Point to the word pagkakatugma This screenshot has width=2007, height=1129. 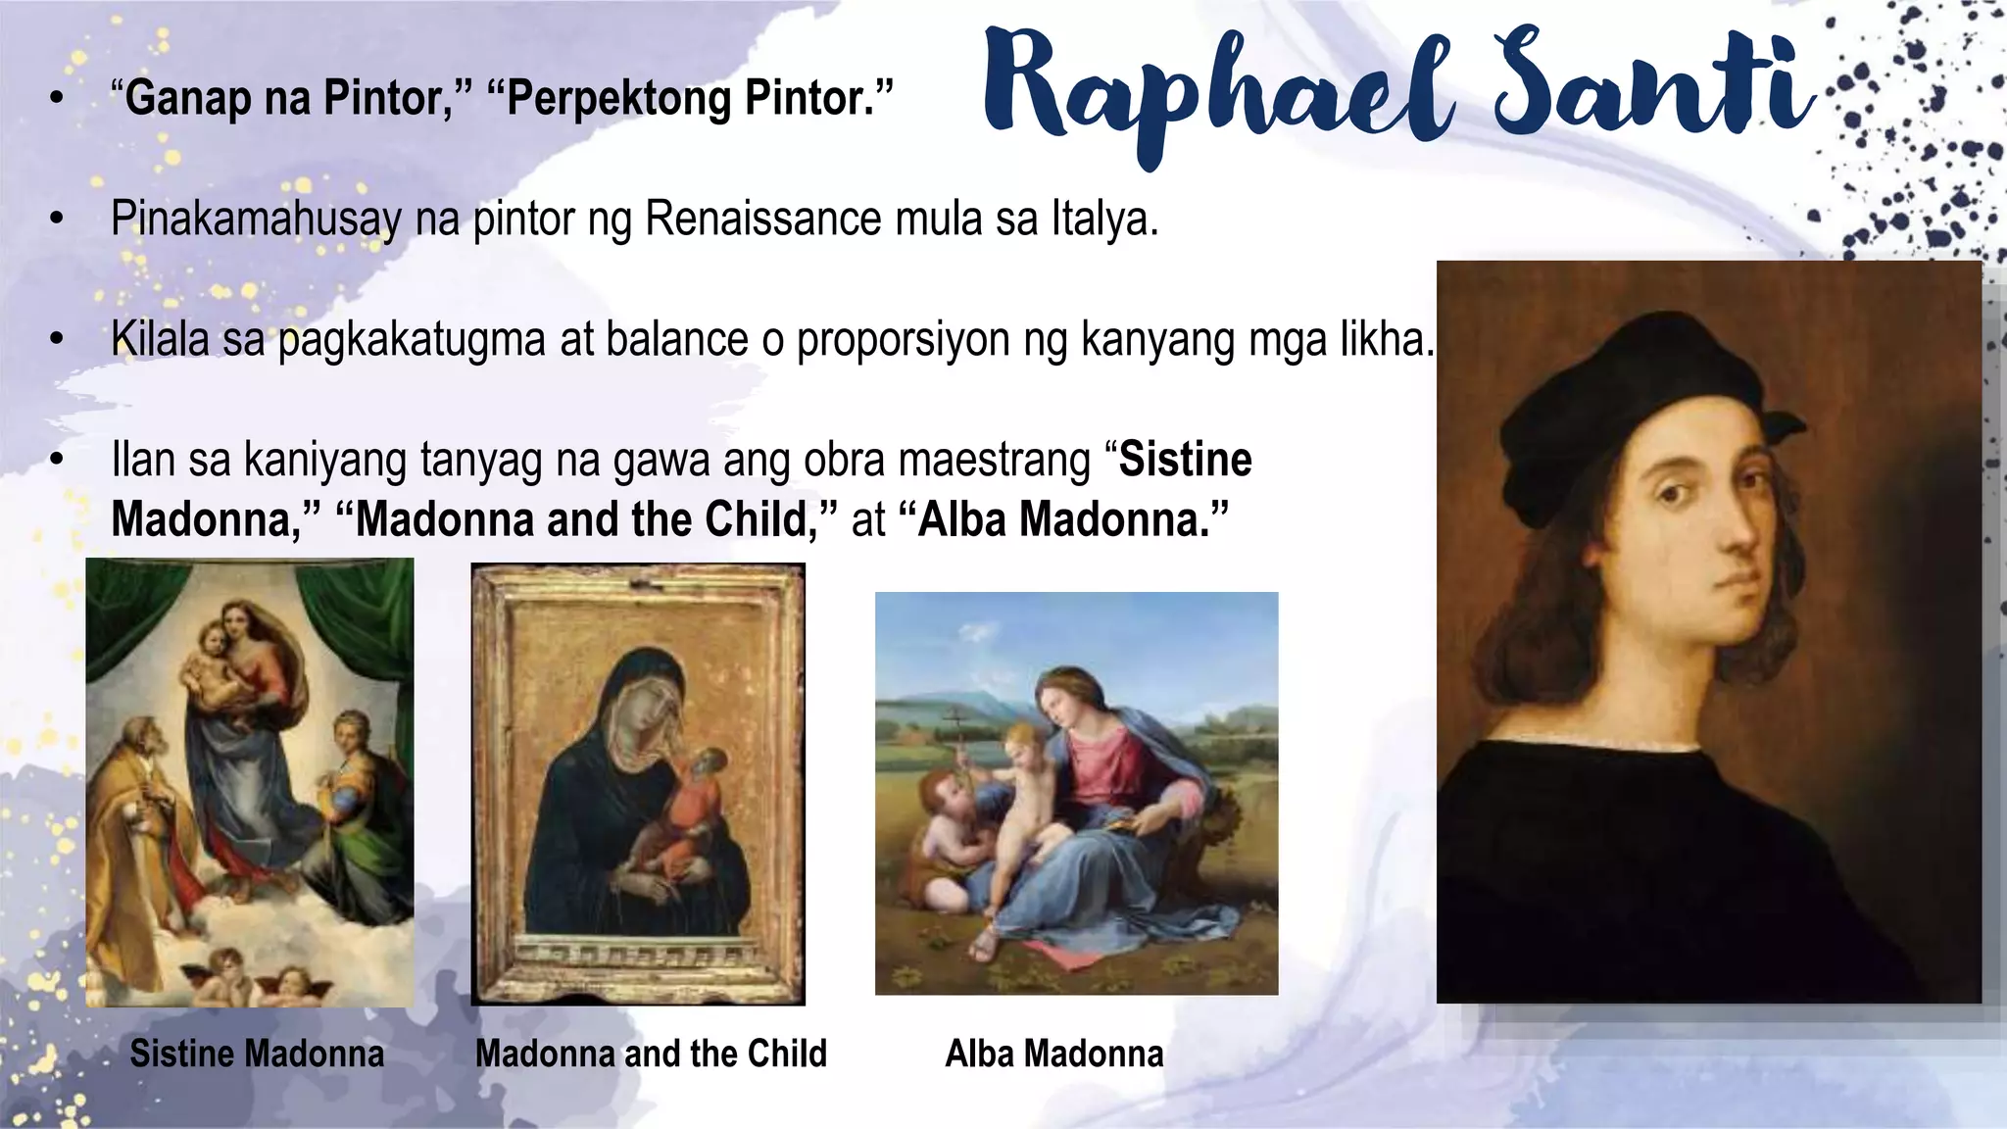412,340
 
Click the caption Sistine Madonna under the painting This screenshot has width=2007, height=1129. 257,1054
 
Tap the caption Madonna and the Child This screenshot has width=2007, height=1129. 651,1054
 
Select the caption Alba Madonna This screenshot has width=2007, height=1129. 1054,1054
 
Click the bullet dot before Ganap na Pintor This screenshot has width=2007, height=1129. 57,98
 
